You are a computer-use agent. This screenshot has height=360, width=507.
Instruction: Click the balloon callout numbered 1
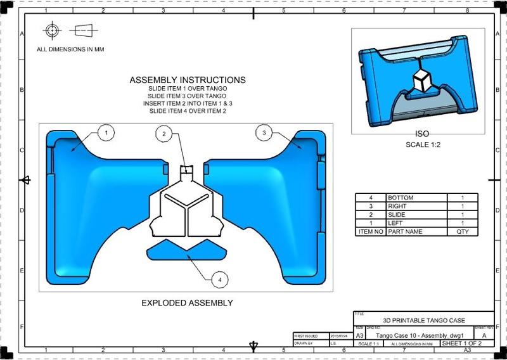coord(107,132)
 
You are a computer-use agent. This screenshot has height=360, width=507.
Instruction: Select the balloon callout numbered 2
coord(164,134)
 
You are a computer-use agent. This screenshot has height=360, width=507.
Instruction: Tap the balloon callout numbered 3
coord(264,132)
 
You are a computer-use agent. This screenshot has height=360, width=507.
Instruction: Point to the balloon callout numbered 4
coord(219,278)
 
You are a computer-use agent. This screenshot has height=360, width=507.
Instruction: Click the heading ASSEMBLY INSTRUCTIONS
coord(188,80)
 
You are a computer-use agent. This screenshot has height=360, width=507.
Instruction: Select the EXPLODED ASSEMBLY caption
coord(187,303)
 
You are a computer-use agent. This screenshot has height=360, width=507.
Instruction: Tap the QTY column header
coord(462,232)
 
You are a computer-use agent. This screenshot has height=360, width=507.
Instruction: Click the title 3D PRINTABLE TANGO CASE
coord(423,321)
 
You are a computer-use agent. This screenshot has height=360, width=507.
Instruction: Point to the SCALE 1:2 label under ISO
coord(421,145)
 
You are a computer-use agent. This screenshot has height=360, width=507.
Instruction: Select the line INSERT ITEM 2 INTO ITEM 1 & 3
coord(188,103)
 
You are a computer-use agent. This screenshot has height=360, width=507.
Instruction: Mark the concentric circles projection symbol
coord(51,30)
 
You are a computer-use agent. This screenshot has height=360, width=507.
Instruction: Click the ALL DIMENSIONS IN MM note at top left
coord(70,49)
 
